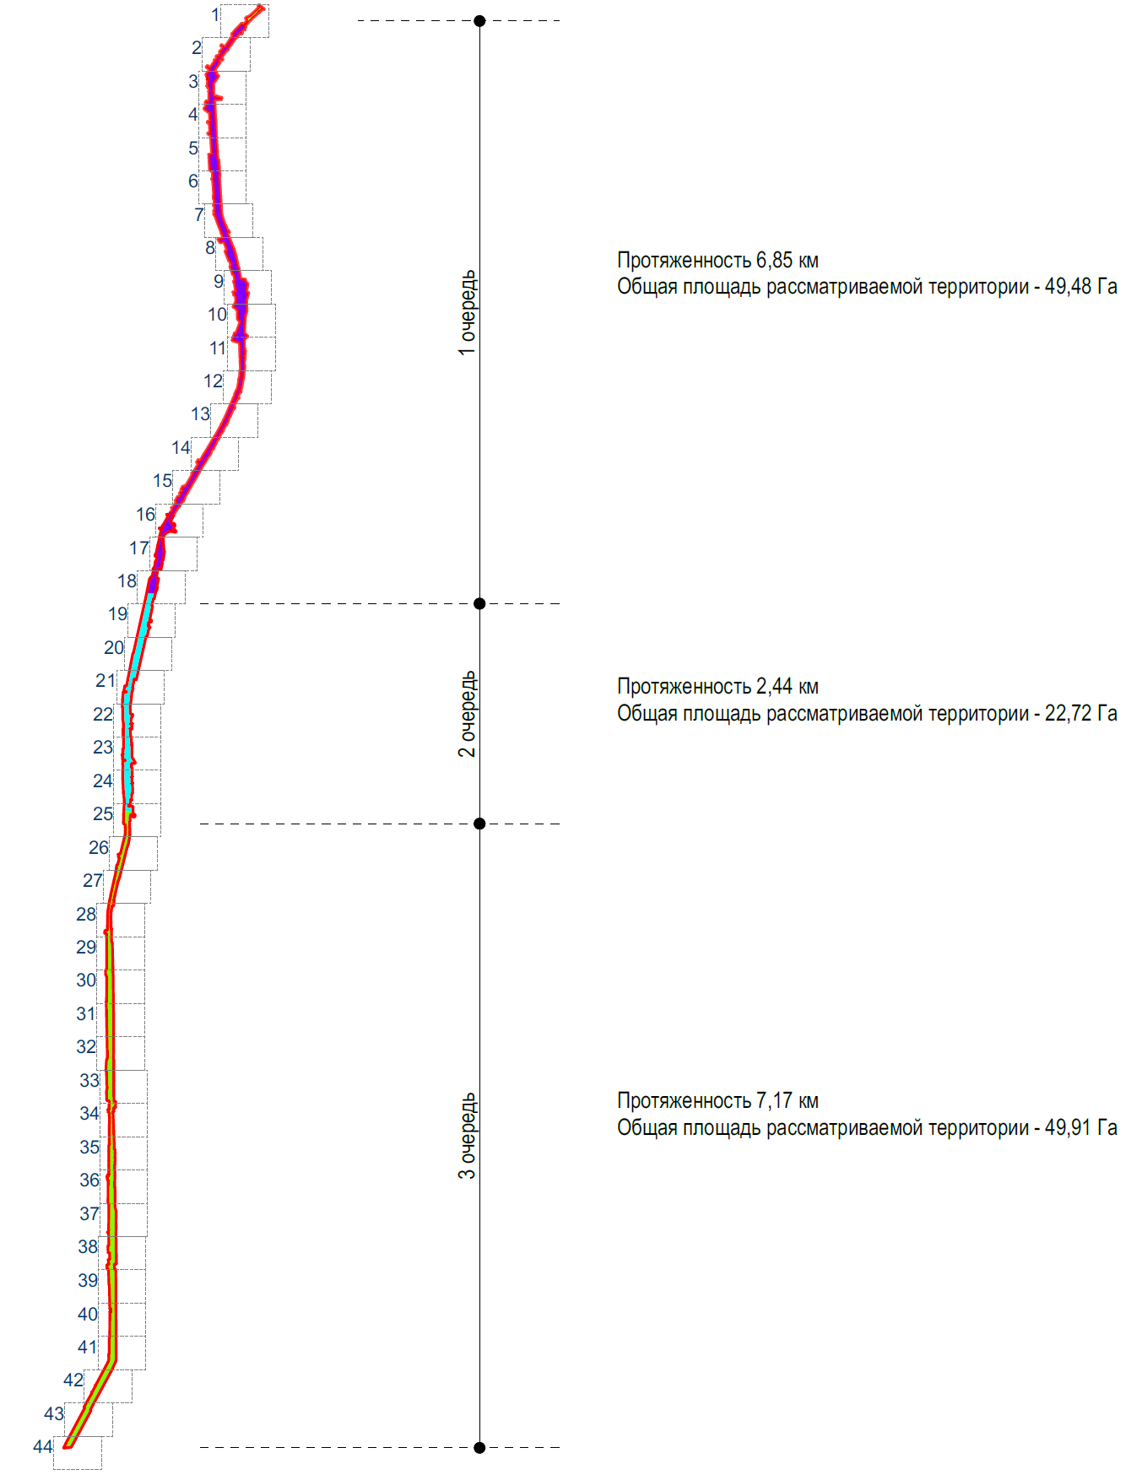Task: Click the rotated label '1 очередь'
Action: [x=467, y=313]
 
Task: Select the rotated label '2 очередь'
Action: [x=467, y=714]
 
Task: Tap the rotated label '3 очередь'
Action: [x=467, y=1136]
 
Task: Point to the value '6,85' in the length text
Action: [x=774, y=260]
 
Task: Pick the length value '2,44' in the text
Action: [x=774, y=687]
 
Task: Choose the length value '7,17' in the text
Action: [x=774, y=1101]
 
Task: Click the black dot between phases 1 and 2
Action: [x=479, y=603]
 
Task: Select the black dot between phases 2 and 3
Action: [x=479, y=824]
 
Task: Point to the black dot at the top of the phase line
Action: [x=479, y=20]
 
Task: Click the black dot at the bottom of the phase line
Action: [x=479, y=1448]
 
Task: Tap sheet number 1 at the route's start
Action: [x=215, y=14]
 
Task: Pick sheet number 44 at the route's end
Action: [x=43, y=1447]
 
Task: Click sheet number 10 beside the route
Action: [x=218, y=315]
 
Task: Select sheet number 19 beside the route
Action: [x=117, y=614]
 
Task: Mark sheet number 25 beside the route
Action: [x=103, y=814]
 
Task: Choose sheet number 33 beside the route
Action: [x=89, y=1081]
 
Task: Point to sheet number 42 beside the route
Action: [x=73, y=1380]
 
